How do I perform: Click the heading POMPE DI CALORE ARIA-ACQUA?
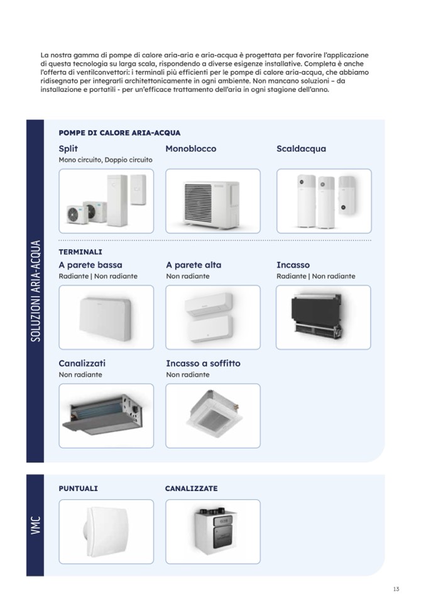(119, 133)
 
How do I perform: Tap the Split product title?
(68, 149)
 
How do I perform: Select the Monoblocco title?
(191, 148)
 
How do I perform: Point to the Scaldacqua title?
(301, 149)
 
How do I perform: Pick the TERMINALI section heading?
(80, 252)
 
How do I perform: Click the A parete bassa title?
(90, 265)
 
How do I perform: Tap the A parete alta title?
(194, 265)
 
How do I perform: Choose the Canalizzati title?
(82, 363)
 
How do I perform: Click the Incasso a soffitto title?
(203, 363)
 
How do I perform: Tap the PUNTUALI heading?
(79, 489)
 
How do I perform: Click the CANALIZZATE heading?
(191, 489)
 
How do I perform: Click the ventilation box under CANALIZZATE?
(215, 531)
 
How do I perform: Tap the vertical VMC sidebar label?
(35, 525)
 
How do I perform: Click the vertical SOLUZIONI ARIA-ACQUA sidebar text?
(35, 290)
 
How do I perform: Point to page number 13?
(396, 589)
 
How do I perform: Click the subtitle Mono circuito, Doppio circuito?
(106, 160)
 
